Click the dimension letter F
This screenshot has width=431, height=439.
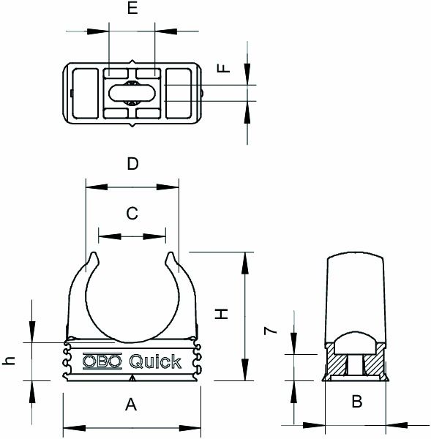coord(225,68)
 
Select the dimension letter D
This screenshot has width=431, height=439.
coord(132,164)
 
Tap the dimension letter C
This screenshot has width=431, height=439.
coord(132,214)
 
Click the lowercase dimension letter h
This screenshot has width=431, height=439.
coord(10,361)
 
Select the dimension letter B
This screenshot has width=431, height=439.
coord(356,401)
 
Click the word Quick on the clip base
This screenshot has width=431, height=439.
coord(155,361)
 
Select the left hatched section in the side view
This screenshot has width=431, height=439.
coord(338,364)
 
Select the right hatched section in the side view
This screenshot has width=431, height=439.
coord(375,364)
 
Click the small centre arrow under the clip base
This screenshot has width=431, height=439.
coord(132,378)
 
